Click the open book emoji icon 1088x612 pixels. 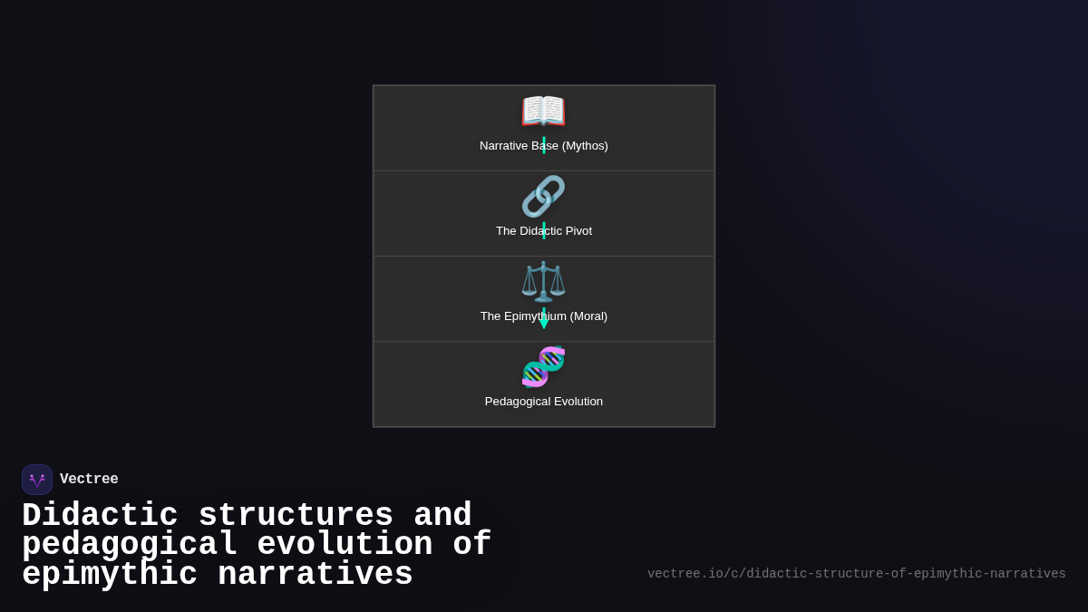coord(543,112)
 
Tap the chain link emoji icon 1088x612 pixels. coord(543,196)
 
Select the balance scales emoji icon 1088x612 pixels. coord(543,281)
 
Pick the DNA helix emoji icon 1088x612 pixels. coord(543,366)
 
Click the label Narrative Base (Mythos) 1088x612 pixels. coord(543,146)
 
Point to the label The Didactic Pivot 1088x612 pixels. coord(543,231)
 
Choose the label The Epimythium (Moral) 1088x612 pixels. coord(543,316)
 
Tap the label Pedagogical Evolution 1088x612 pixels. coord(543,402)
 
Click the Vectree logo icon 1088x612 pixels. coord(37,480)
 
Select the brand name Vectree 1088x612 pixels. coord(89,480)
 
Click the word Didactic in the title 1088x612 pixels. coord(100,515)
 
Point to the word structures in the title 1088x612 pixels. coord(296,515)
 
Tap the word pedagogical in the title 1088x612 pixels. coord(130,545)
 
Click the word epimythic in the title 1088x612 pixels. coord(110,575)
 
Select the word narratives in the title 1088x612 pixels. coord(316,575)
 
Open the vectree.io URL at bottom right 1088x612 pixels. coord(856,574)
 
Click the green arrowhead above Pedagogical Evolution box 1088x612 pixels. coord(544,322)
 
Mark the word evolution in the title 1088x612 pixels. coord(345,545)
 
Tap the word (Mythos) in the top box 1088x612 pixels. coord(585,146)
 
